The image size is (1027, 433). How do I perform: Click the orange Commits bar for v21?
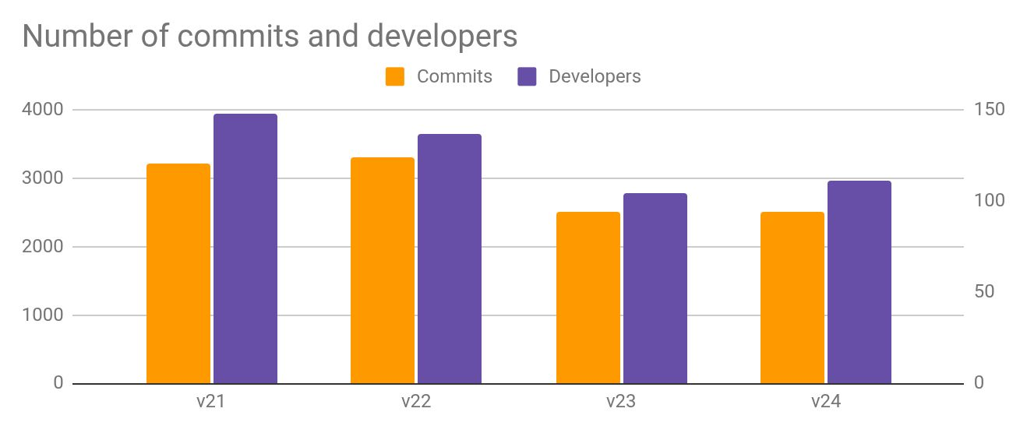click(178, 273)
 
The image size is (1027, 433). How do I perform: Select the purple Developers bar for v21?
click(245, 248)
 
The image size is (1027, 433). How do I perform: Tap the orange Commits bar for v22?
click(383, 270)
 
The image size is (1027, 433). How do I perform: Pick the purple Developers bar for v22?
click(450, 259)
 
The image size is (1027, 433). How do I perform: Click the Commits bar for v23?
click(588, 297)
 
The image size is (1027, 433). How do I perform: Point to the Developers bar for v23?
click(655, 288)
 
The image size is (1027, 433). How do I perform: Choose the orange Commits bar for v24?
click(792, 297)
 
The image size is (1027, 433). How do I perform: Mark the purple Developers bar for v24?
click(859, 282)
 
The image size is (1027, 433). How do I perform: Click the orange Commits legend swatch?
click(395, 76)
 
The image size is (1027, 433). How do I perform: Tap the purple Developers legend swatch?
click(527, 76)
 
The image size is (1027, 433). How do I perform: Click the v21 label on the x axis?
click(210, 401)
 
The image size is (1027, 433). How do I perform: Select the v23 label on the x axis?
click(621, 401)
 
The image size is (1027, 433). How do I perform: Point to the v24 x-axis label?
click(826, 401)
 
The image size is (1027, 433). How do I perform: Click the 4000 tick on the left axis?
click(43, 110)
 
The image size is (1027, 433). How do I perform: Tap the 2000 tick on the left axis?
click(43, 247)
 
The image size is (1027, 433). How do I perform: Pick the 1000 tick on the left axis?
click(43, 315)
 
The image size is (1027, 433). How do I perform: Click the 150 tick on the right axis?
click(990, 109)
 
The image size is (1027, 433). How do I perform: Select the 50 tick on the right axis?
click(984, 291)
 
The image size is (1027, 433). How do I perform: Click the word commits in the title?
click(238, 36)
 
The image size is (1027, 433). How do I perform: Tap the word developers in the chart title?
click(442, 37)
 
